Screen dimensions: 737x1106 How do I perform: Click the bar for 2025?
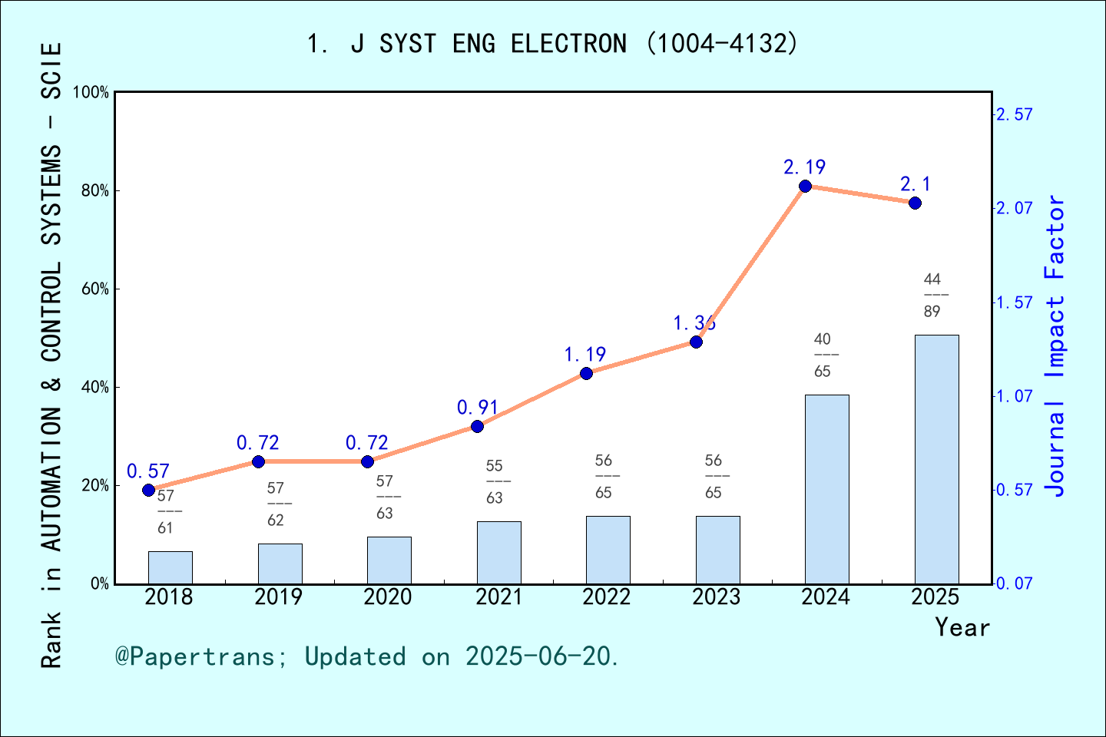pyautogui.click(x=936, y=459)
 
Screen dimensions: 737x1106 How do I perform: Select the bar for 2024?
pyautogui.click(x=826, y=489)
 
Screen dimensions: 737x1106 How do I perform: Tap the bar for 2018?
pyautogui.click(x=171, y=567)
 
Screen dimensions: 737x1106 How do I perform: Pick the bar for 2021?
pyautogui.click(x=498, y=553)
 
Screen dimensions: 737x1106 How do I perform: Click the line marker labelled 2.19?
pyautogui.click(x=805, y=187)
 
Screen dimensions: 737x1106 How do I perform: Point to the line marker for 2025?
pyautogui.click(x=915, y=203)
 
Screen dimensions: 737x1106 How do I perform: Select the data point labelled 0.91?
pyautogui.click(x=477, y=426)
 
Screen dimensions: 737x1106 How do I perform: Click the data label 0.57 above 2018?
pyautogui.click(x=147, y=471)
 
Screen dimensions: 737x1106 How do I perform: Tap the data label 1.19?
pyautogui.click(x=585, y=355)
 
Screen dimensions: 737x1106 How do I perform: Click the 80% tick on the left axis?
pyautogui.click(x=95, y=190)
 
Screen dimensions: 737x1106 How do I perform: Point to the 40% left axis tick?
pyautogui.click(x=95, y=387)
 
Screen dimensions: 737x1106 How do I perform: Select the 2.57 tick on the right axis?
pyautogui.click(x=1015, y=114)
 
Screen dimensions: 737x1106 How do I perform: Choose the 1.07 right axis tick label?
pyautogui.click(x=1015, y=396)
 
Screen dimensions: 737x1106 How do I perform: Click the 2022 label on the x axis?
pyautogui.click(x=607, y=597)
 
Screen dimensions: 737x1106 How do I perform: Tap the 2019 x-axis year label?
pyautogui.click(x=279, y=597)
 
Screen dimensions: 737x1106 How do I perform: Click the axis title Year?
pyautogui.click(x=962, y=627)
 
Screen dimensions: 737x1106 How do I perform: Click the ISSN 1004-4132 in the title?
pyautogui.click(x=722, y=44)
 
